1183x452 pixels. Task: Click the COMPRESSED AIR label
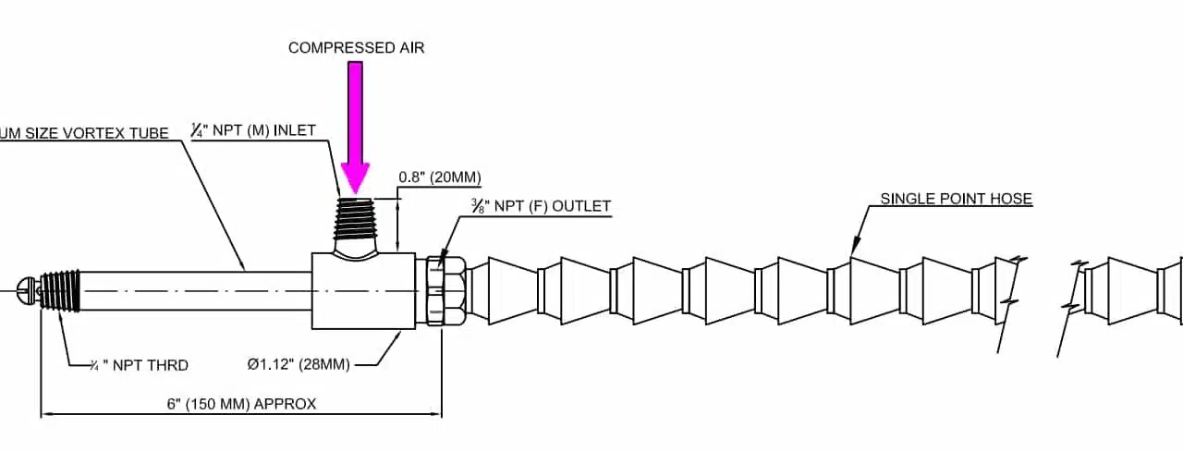click(x=356, y=48)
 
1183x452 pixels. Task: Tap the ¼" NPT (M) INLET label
click(x=253, y=130)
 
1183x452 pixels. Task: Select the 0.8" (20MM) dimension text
click(x=440, y=177)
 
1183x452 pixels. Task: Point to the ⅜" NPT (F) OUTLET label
click(x=541, y=206)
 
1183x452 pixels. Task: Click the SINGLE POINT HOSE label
click(x=956, y=199)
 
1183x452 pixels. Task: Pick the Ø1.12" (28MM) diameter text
click(x=299, y=365)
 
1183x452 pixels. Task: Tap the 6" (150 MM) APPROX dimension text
click(x=241, y=404)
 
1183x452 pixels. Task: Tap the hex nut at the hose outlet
click(x=445, y=290)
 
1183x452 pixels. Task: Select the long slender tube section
click(x=194, y=290)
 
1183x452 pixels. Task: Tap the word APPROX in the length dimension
click(x=285, y=404)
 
